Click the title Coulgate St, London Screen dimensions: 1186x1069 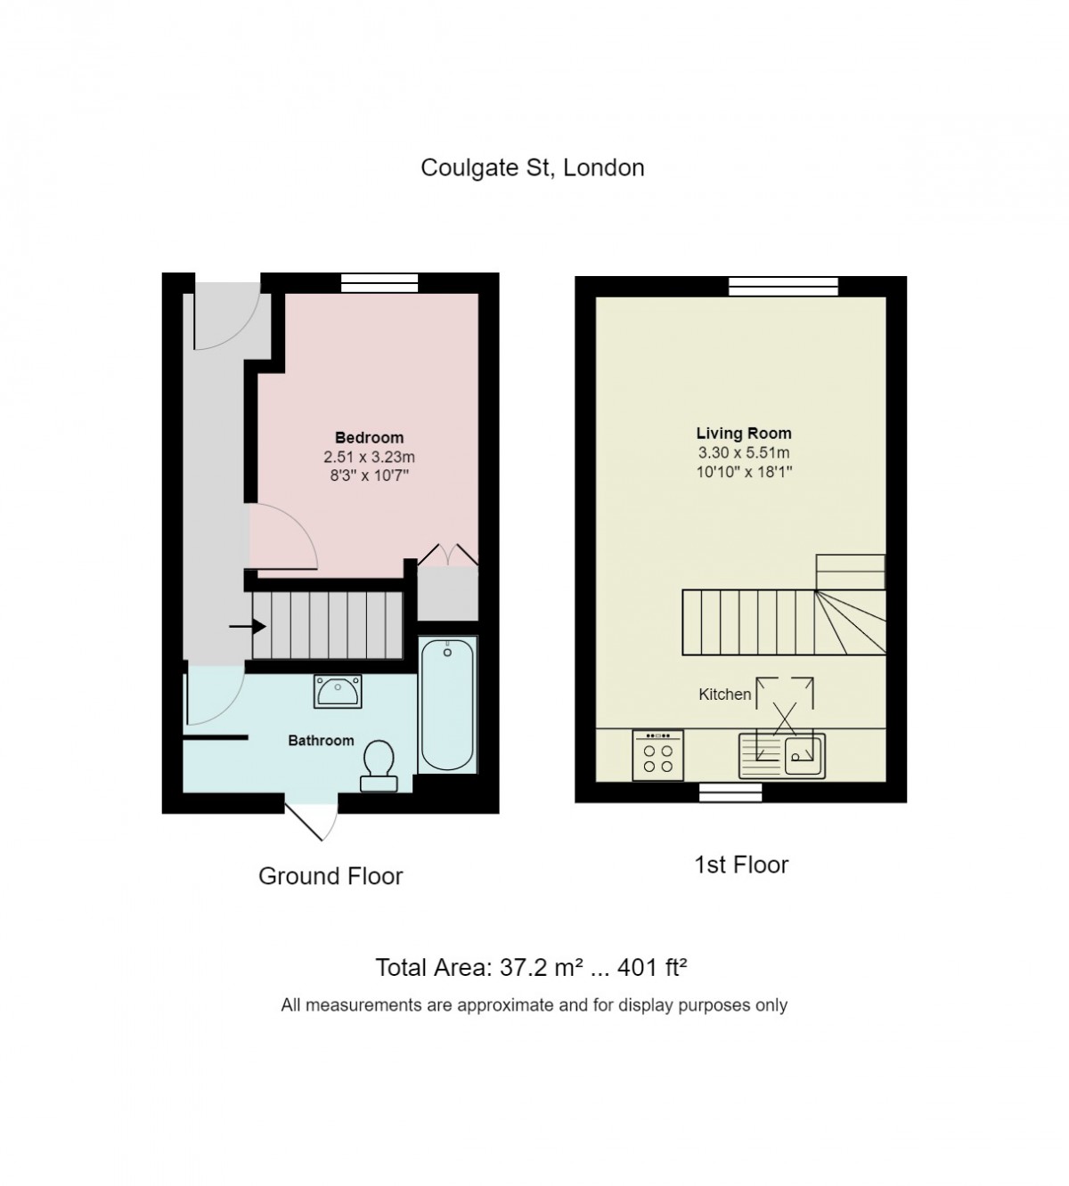pyautogui.click(x=532, y=167)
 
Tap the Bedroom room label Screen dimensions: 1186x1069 pyautogui.click(x=369, y=437)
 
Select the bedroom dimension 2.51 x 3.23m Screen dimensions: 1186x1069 pyautogui.click(x=369, y=457)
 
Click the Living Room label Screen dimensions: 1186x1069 pyautogui.click(x=743, y=434)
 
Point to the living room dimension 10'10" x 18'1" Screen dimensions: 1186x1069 pyautogui.click(x=744, y=471)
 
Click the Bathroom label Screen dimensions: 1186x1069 pyautogui.click(x=321, y=740)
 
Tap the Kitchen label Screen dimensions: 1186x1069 pyautogui.click(x=724, y=694)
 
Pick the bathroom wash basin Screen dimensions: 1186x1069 pyautogui.click(x=338, y=690)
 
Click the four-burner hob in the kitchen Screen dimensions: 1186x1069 pyautogui.click(x=658, y=755)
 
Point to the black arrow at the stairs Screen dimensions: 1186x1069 pyautogui.click(x=247, y=627)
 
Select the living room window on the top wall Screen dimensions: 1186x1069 pyautogui.click(x=783, y=286)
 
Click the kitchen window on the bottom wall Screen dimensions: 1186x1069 pyautogui.click(x=730, y=792)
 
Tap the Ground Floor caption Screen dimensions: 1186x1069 pyautogui.click(x=330, y=876)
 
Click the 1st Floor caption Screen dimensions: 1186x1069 pyautogui.click(x=741, y=865)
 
